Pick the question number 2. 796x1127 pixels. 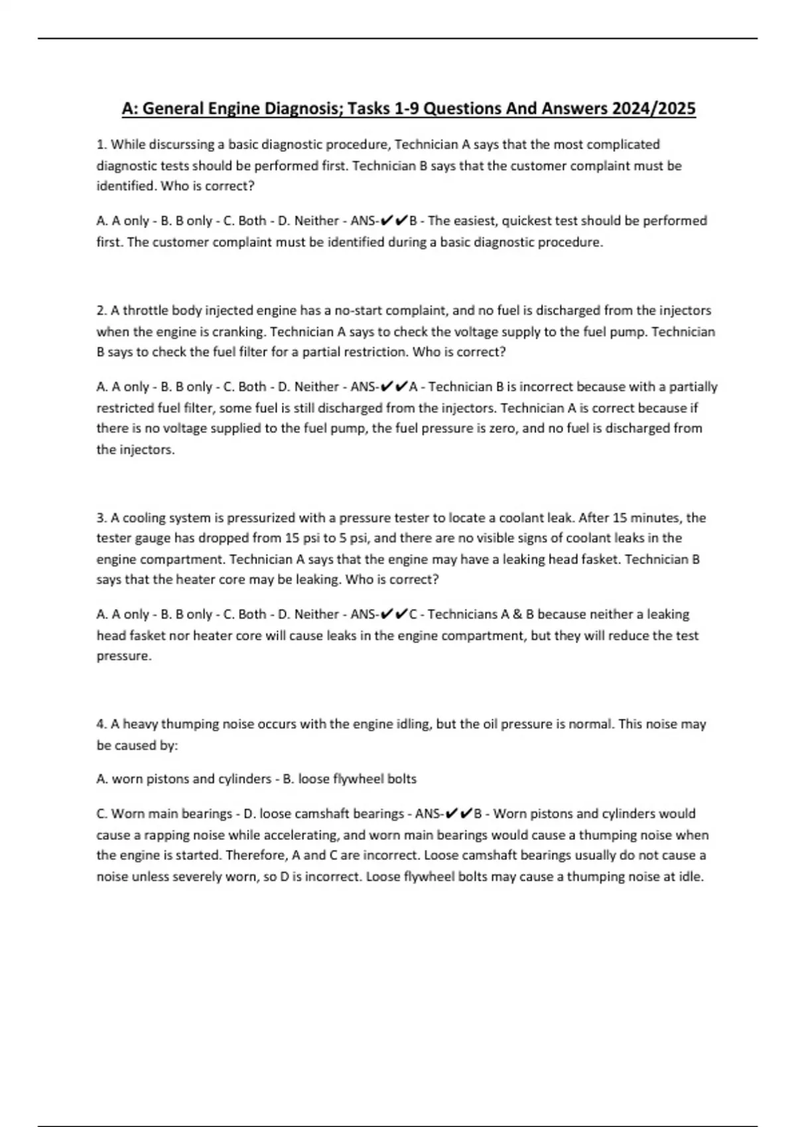tap(101, 311)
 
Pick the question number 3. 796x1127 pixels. tap(101, 518)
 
